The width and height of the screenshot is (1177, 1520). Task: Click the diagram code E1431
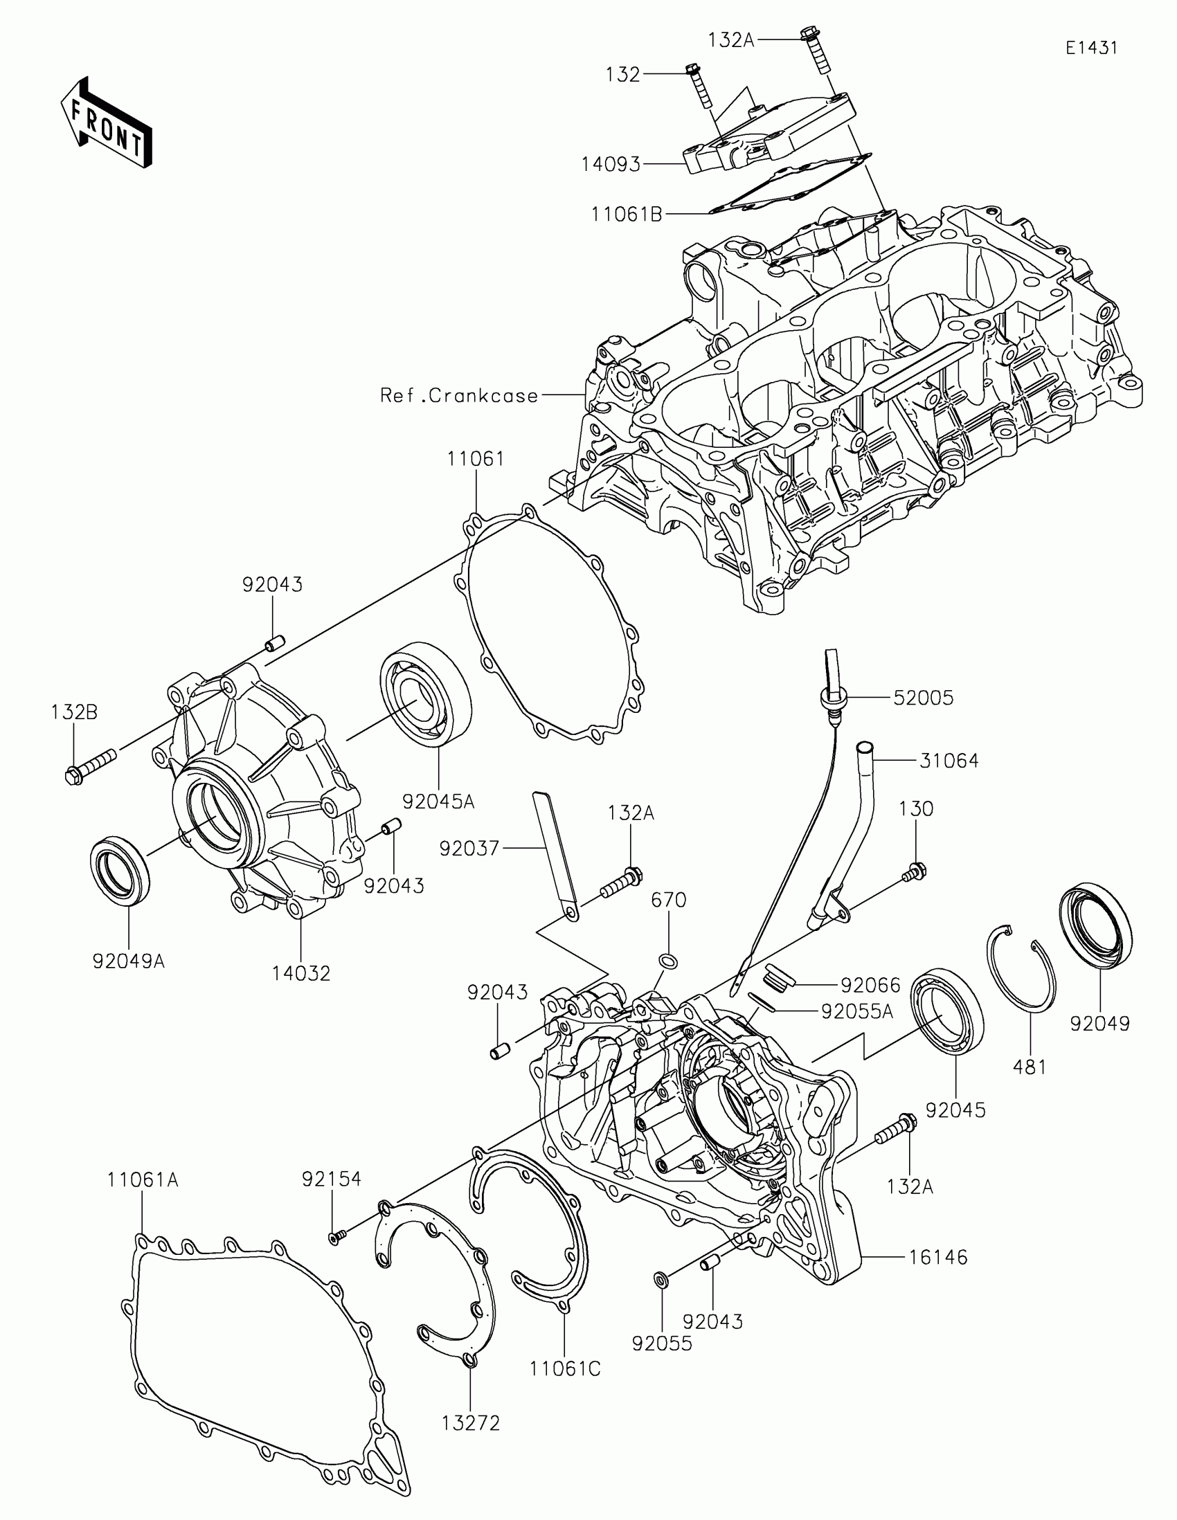(x=1090, y=47)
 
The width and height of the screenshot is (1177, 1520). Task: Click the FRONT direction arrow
(x=107, y=123)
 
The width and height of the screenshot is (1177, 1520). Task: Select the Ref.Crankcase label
(x=459, y=396)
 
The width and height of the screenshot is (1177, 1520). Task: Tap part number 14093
(x=611, y=164)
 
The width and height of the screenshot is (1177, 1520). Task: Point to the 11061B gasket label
(x=627, y=215)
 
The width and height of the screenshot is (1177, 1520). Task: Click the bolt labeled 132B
(x=91, y=763)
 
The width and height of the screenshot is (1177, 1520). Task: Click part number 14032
(x=300, y=973)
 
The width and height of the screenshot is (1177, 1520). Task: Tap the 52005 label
(x=923, y=698)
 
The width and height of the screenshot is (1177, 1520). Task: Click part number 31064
(x=949, y=761)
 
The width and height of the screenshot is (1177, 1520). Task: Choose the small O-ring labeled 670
(x=667, y=961)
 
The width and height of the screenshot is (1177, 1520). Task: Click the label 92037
(x=469, y=848)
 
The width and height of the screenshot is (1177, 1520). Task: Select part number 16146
(x=937, y=1257)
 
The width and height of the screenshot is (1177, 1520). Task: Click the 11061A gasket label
(x=143, y=1179)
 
